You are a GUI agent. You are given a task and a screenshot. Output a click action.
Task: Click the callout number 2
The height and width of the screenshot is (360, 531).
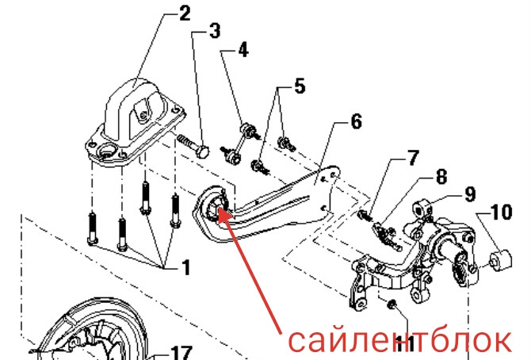(185, 14)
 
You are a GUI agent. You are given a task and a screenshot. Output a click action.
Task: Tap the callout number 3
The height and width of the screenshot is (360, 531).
(215, 31)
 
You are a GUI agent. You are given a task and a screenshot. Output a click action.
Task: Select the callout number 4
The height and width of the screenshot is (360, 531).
(243, 50)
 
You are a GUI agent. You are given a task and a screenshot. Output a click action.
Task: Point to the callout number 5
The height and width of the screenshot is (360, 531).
(300, 86)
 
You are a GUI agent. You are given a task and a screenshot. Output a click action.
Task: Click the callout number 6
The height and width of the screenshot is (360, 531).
(357, 121)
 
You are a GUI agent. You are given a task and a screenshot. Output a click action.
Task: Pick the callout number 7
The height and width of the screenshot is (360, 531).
(412, 159)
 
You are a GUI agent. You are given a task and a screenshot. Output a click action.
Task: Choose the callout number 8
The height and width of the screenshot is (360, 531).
(441, 177)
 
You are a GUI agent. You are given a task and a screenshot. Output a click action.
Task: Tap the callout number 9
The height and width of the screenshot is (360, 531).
(470, 194)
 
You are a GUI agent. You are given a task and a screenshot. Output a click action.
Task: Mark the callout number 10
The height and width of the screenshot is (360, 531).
(501, 213)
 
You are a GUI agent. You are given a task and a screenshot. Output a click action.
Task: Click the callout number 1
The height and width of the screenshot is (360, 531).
(186, 267)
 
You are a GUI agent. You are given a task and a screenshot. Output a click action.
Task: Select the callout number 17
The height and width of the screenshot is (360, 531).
(181, 353)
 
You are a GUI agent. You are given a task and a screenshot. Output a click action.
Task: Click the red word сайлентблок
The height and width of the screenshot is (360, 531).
(399, 340)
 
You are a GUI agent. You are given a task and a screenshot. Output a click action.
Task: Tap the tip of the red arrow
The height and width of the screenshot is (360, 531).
(219, 208)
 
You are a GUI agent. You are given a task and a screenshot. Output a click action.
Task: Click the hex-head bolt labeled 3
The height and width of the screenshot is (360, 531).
(193, 147)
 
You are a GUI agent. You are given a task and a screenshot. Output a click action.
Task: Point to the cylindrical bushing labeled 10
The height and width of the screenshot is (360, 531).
(502, 259)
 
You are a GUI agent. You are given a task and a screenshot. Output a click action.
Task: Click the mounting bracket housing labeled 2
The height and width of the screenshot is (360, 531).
(135, 122)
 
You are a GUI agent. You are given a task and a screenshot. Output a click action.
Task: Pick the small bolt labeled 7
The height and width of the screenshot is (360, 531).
(365, 215)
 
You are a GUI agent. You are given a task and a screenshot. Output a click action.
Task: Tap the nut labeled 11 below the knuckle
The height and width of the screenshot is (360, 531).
(392, 304)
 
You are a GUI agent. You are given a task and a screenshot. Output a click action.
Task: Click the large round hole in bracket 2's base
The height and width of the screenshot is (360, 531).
(108, 150)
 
